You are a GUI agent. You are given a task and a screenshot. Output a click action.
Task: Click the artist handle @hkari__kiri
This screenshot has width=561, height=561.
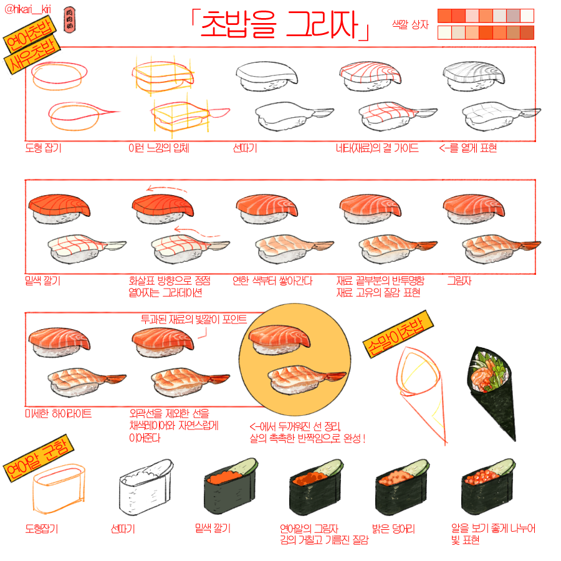[x=27, y=9]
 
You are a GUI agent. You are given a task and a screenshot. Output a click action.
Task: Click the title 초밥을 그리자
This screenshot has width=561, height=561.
[x=280, y=25]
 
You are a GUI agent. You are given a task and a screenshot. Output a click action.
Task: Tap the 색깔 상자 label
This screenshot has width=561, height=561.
[x=410, y=25]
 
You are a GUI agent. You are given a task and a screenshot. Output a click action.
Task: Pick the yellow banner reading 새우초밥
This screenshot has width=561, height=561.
[x=32, y=54]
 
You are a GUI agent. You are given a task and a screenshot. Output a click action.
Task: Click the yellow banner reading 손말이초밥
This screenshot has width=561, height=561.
[x=398, y=333]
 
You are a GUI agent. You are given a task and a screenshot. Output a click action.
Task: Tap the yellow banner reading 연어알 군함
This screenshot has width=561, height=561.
[x=38, y=459]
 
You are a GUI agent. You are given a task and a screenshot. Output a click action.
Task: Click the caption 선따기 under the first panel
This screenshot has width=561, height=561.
[x=245, y=148]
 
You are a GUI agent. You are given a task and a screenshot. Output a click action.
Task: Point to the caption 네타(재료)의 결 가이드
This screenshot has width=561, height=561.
[x=377, y=148]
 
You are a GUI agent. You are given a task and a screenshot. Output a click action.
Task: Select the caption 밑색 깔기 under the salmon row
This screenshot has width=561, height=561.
[x=42, y=280]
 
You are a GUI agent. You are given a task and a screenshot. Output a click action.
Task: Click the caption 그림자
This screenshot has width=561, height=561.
[x=459, y=280]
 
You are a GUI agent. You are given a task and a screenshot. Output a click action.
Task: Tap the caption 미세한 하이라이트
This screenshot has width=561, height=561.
[x=59, y=414]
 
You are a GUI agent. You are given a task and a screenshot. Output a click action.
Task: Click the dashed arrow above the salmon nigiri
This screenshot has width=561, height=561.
[x=166, y=188]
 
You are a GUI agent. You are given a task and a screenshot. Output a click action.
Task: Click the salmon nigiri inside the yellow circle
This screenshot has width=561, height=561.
[x=279, y=340]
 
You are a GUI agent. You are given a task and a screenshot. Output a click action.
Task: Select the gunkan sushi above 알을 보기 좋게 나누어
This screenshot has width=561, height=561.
[x=489, y=487]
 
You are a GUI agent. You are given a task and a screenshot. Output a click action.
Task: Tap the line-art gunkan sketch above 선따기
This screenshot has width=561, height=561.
[x=146, y=487]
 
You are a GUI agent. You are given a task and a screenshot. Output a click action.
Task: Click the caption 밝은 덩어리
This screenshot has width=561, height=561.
[x=393, y=529]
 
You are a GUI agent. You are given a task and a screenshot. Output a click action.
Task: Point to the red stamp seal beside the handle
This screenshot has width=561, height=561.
[x=69, y=21]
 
